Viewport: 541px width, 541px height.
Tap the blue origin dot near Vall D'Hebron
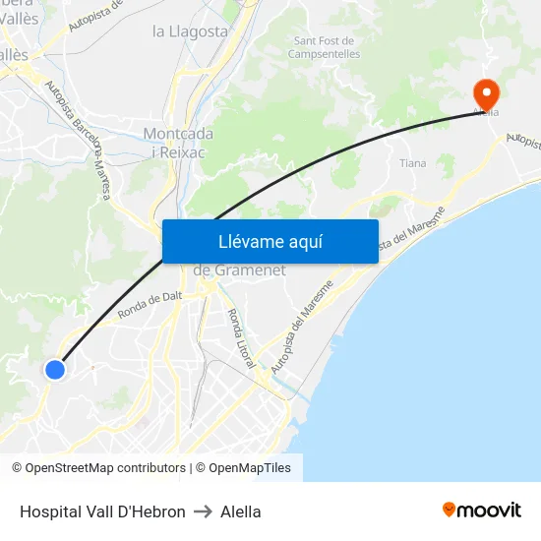[55, 370]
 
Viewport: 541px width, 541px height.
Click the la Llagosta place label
[190, 31]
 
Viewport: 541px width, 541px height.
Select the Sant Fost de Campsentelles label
[325, 47]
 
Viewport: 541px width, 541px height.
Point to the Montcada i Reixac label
[176, 142]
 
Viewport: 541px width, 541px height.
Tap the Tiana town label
[412, 163]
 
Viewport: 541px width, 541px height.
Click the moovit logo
[481, 511]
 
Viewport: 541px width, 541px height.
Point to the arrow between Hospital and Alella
[203, 511]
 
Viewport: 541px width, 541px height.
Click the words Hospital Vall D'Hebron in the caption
[102, 511]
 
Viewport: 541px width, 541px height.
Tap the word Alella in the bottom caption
[241, 511]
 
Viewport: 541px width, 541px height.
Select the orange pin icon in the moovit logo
[450, 510]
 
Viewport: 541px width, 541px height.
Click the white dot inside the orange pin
[486, 91]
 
